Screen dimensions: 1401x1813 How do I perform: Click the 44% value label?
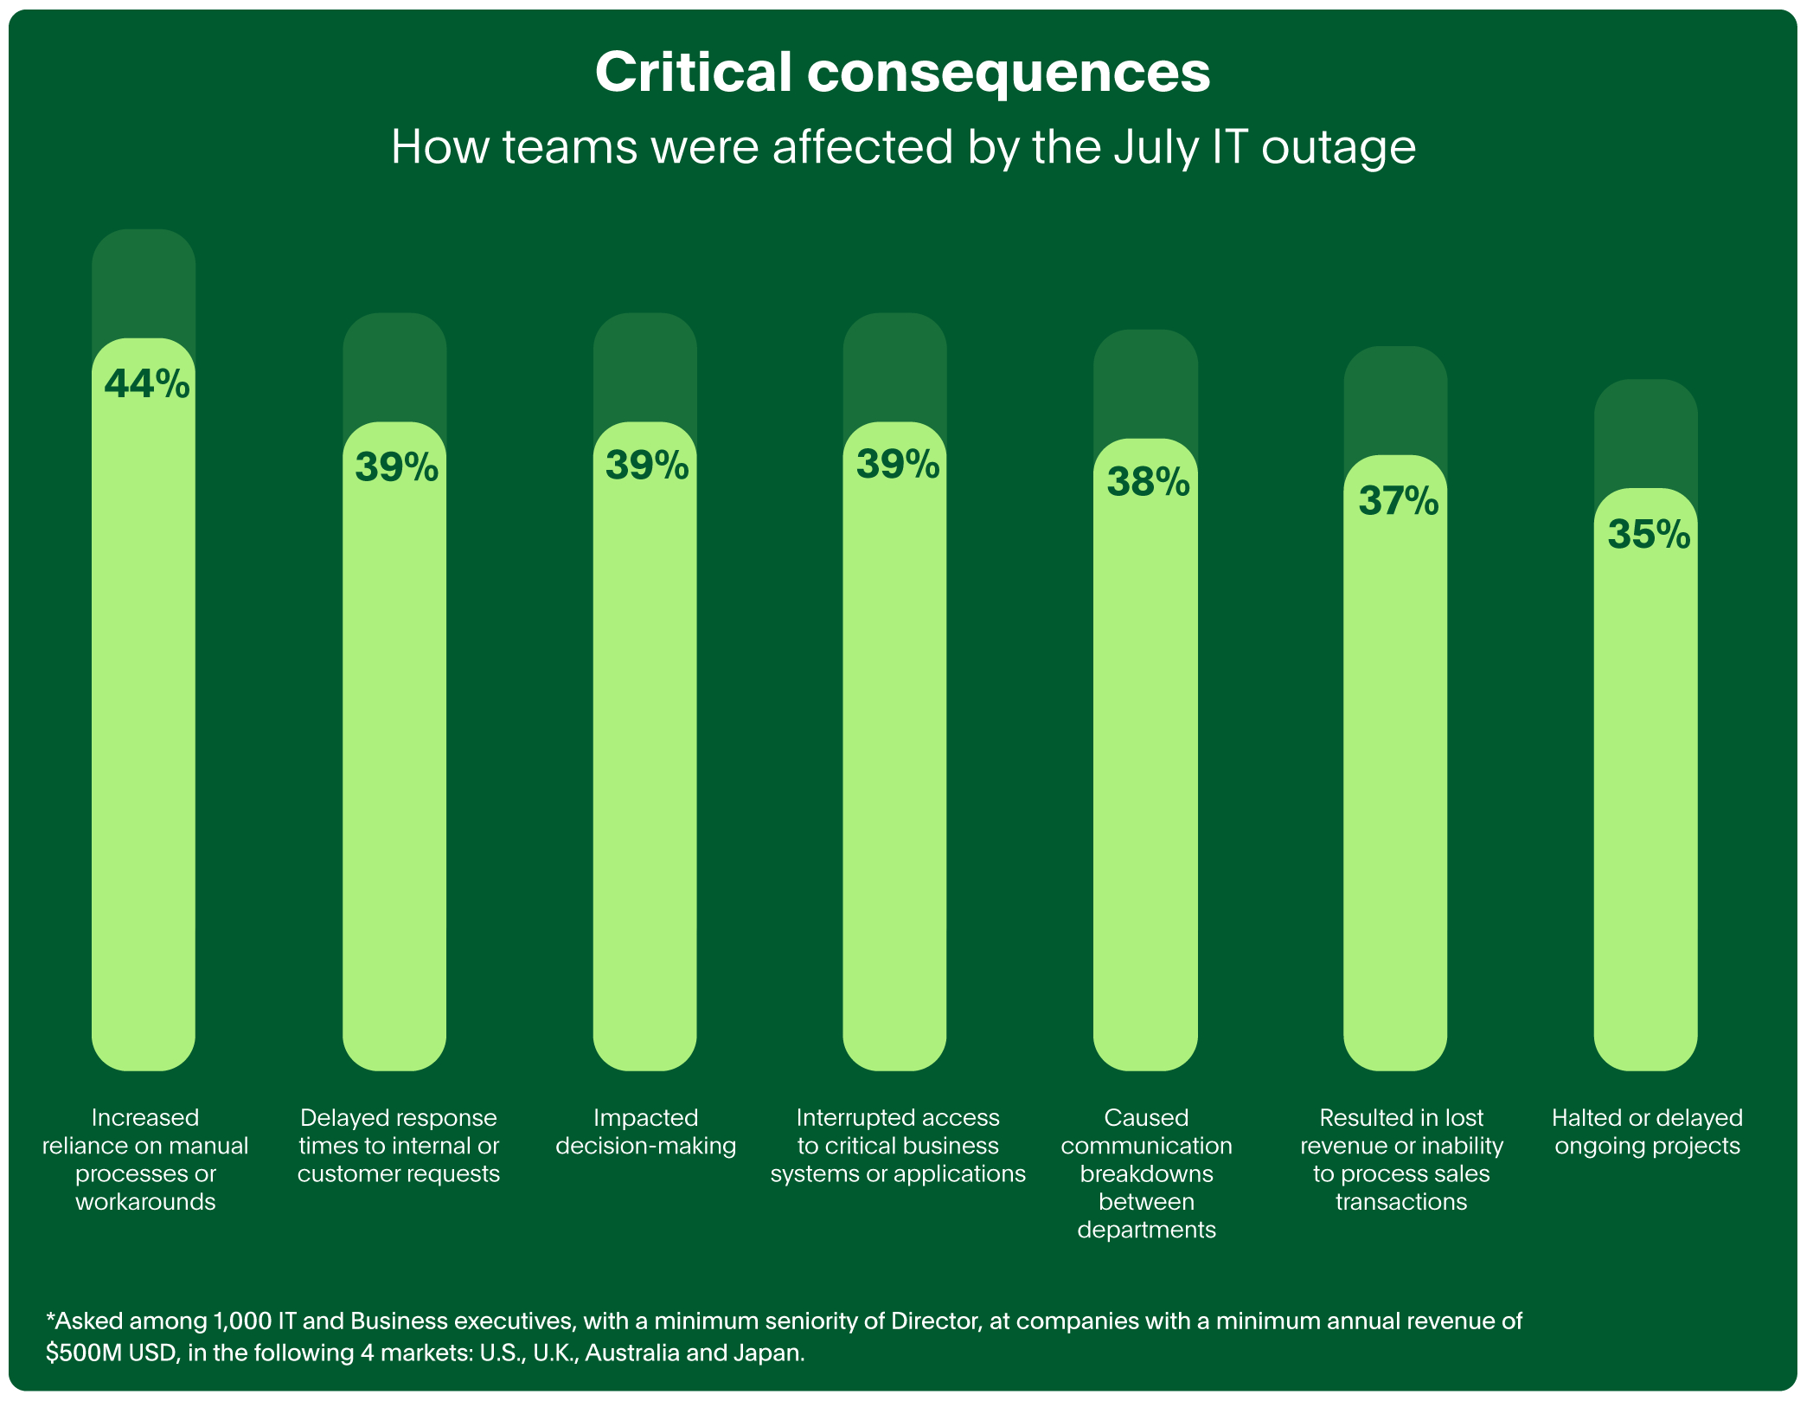(146, 383)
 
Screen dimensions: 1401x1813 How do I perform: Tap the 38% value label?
(1148, 482)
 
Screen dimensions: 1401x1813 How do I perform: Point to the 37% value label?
(1398, 500)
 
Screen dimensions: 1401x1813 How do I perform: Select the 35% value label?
(1648, 534)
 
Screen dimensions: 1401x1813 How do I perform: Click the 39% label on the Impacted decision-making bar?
(647, 466)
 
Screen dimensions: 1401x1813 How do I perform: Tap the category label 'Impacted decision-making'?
(645, 1132)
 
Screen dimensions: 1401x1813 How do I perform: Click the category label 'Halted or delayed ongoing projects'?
(1646, 1132)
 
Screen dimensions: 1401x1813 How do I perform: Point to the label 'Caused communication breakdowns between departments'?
(1146, 1173)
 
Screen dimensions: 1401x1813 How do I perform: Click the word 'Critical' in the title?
(693, 73)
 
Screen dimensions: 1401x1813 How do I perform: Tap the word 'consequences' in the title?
(1009, 73)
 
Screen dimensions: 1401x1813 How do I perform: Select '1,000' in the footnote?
(241, 1321)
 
